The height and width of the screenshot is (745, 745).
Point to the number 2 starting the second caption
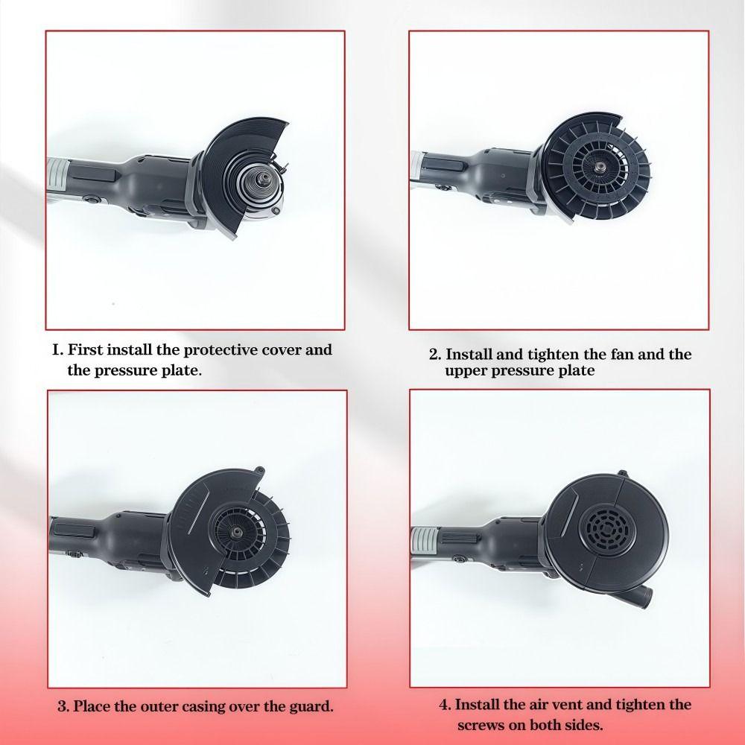click(x=434, y=355)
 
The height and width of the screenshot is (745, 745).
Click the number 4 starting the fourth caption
click(x=444, y=705)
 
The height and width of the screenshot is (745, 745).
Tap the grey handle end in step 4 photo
click(x=423, y=539)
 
